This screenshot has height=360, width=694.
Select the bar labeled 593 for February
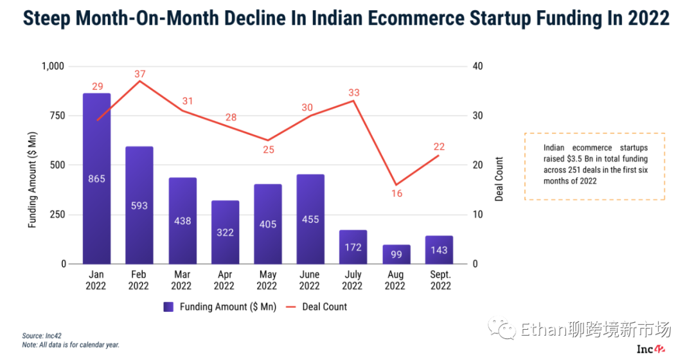point(139,205)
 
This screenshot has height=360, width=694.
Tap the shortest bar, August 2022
point(396,254)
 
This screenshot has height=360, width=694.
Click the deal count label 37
point(140,74)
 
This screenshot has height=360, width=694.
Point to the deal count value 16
point(396,193)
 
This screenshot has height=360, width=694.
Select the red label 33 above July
point(353,93)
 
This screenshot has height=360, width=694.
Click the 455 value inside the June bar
point(310,219)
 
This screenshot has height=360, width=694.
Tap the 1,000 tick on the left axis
point(53,66)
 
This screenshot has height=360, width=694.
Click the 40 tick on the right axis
point(477,66)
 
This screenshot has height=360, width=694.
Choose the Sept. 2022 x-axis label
point(441,280)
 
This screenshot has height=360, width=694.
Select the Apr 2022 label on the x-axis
point(224,280)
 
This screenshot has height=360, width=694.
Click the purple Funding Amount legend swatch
point(168,307)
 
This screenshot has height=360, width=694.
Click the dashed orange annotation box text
point(595,165)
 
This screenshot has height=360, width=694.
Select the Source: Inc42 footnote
point(42,336)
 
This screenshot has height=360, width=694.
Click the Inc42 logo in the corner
point(650,348)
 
